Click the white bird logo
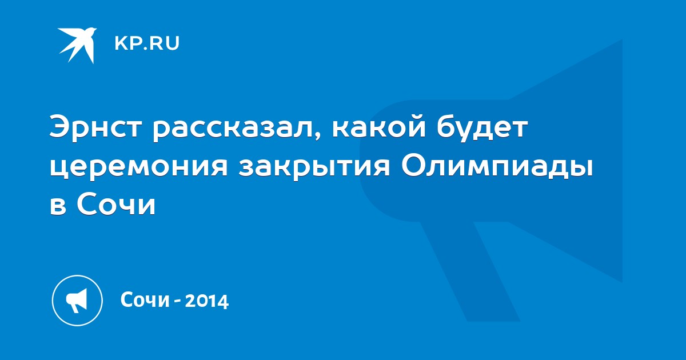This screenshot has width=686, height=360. (x=78, y=45)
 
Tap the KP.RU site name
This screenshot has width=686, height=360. (x=147, y=43)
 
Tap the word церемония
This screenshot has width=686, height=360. (x=139, y=169)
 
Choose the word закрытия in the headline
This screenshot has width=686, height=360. (x=314, y=169)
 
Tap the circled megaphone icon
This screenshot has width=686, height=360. (x=77, y=301)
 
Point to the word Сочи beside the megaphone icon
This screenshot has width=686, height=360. (x=145, y=300)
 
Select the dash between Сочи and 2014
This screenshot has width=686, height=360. (x=177, y=301)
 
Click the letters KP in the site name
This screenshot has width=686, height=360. (x=127, y=43)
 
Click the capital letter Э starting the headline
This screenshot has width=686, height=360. (x=59, y=127)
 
